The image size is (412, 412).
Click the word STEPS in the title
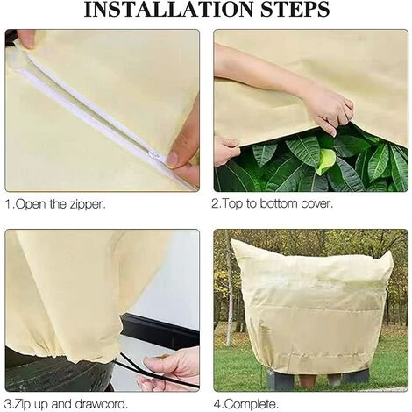295,10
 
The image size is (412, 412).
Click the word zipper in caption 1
87,204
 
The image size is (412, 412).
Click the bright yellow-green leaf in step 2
326,160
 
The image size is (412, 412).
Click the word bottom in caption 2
279,203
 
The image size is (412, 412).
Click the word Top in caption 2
232,204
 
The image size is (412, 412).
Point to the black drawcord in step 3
156,371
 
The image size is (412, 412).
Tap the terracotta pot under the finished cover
308,380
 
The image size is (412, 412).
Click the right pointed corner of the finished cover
391,253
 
